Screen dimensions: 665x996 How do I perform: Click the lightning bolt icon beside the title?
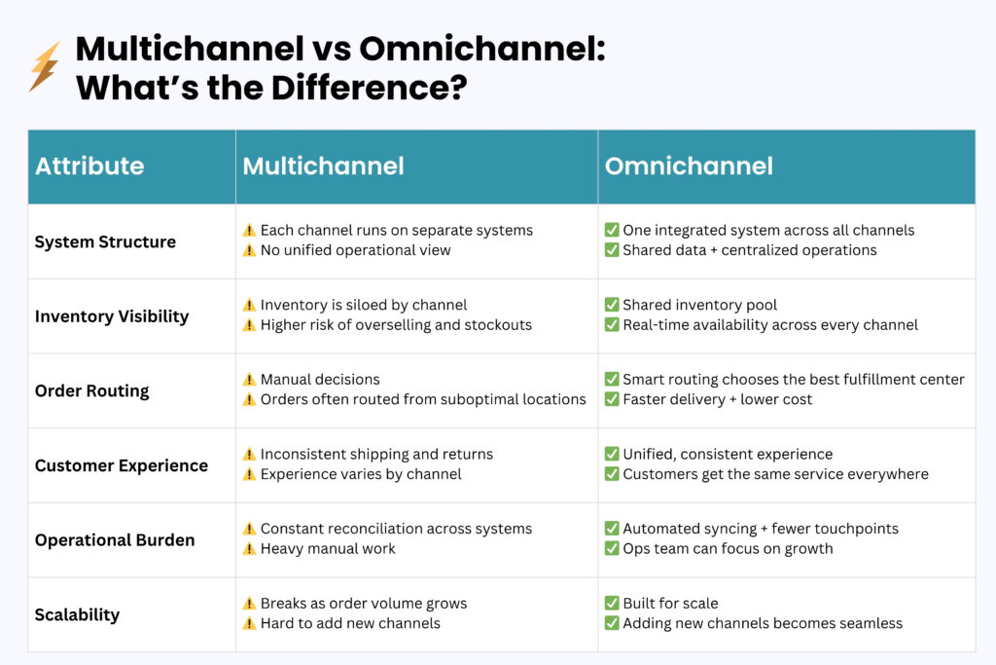44,66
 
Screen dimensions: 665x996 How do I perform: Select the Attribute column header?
89,166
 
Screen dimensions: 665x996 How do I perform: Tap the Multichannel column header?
323,166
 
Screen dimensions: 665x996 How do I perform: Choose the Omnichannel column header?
689,166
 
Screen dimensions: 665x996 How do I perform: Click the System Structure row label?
105,241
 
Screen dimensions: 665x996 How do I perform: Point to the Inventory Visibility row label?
112,316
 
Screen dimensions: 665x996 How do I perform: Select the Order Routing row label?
92,390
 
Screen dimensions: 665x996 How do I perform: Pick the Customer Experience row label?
122,465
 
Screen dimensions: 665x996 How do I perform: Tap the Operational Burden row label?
115,539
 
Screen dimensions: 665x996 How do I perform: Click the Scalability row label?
77,614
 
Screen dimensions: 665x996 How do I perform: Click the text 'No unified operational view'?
355,250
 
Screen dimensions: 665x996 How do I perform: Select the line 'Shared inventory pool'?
699,305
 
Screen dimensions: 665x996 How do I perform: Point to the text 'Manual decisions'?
320,380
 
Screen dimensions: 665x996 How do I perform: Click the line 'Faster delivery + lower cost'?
717,399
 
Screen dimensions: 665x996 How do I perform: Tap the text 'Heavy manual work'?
328,548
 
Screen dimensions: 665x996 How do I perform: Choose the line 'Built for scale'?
670,604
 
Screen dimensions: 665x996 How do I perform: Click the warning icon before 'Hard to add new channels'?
249,623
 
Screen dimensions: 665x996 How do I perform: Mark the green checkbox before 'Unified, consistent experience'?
612,454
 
